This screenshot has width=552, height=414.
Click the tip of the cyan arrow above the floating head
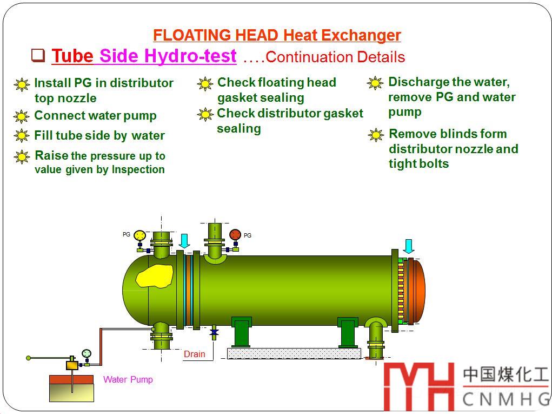408,253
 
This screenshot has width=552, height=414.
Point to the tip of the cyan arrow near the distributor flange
184,248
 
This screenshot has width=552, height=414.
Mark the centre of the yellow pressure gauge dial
140,235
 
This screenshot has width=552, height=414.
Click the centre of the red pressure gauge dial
235,235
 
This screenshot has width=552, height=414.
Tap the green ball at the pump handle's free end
29,358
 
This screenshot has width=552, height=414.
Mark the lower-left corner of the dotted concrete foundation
228,359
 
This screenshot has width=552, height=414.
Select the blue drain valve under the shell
214,332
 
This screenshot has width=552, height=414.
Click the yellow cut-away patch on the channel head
155,276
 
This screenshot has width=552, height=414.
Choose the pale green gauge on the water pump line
87,353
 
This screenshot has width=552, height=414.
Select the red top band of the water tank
71,379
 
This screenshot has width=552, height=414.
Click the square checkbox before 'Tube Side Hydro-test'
38,55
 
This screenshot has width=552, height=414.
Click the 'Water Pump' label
128,379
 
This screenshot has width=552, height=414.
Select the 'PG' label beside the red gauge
248,235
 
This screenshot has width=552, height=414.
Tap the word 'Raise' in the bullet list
51,155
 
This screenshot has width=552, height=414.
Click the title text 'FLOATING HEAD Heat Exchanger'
277,35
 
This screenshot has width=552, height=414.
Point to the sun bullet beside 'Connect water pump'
22,116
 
